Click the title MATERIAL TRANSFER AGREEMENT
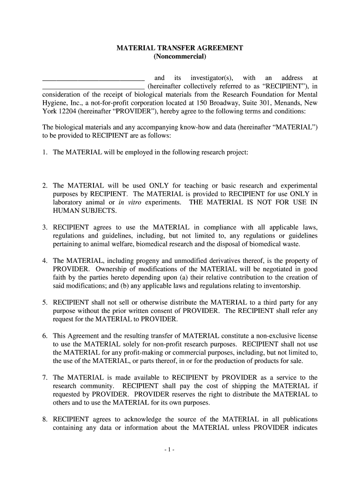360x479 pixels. [x=180, y=49]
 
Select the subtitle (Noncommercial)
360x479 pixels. [x=180, y=57]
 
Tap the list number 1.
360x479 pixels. [x=45, y=153]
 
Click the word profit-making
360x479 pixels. [x=140, y=353]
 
